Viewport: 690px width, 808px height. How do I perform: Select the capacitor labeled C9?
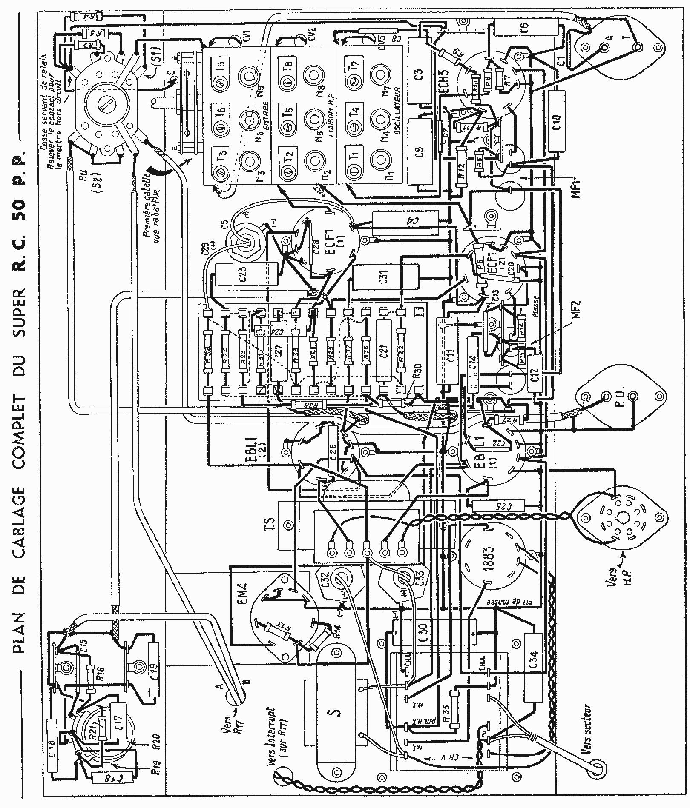pos(420,152)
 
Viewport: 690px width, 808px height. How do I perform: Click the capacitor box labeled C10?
pos(558,120)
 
